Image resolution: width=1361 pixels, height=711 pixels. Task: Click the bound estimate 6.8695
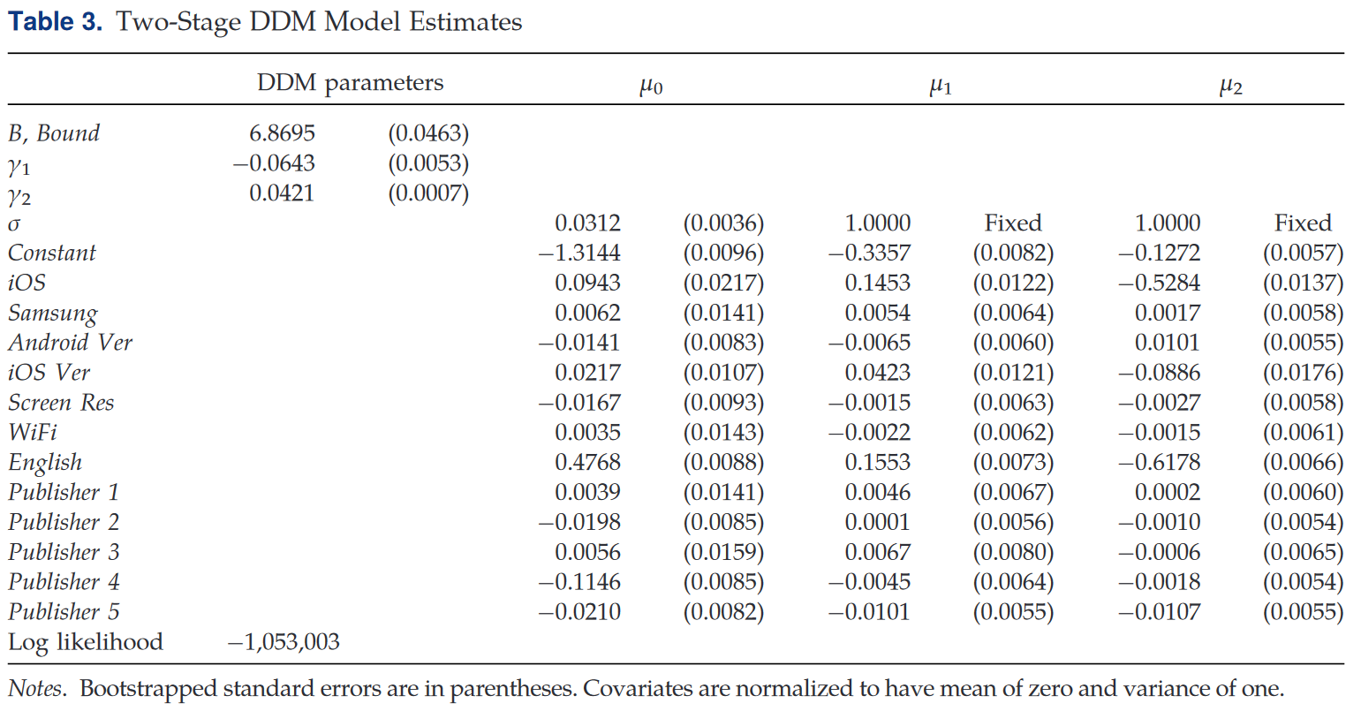click(282, 133)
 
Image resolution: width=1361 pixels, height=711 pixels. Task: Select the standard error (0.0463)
click(429, 133)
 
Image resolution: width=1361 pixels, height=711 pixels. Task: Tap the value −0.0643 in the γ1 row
click(274, 163)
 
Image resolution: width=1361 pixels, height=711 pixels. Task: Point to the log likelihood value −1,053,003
click(284, 642)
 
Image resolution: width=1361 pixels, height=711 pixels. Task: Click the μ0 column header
click(651, 87)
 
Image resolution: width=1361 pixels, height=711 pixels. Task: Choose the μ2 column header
click(1231, 87)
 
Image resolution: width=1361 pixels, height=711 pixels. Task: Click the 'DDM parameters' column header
click(350, 83)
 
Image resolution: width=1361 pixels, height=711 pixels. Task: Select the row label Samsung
click(53, 314)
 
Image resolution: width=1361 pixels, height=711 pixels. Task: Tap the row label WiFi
click(33, 432)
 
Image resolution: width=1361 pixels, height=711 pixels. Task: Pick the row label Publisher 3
click(64, 552)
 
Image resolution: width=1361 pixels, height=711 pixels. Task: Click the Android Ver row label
click(71, 342)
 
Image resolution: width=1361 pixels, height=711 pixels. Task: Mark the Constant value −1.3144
click(579, 253)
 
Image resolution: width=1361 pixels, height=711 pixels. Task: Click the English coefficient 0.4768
click(587, 463)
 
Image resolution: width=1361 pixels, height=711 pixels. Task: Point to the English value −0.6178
click(1160, 463)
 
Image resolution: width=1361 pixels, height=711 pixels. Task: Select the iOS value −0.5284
click(1160, 283)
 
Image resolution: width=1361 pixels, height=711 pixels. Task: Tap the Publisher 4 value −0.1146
click(579, 582)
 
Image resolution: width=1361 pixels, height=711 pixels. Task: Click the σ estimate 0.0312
click(587, 223)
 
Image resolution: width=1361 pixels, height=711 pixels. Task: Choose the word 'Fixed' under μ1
click(1013, 223)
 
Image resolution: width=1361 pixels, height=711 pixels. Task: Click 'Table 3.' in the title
click(55, 22)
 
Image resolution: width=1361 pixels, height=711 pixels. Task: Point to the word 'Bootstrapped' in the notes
click(147, 689)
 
